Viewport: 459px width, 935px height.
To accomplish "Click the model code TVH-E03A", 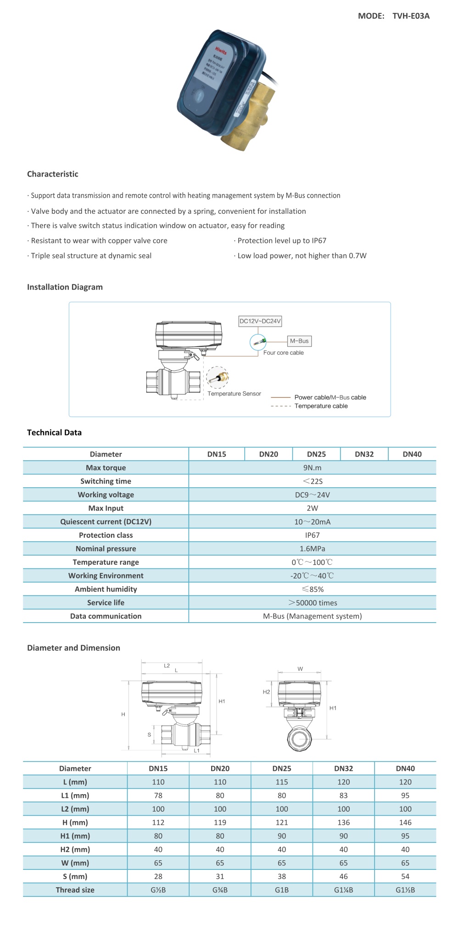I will (411, 16).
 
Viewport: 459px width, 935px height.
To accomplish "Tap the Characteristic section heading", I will (53, 174).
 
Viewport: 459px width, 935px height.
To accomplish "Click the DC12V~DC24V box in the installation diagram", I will (260, 321).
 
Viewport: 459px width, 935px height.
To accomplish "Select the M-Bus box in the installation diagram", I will (299, 341).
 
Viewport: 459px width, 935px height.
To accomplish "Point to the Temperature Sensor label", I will (234, 394).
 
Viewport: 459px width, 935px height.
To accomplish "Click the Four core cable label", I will (283, 353).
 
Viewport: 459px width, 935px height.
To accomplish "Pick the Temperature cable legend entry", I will (321, 406).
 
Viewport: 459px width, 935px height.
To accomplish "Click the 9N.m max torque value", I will (312, 467).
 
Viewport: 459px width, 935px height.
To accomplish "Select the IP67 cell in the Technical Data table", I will (312, 535).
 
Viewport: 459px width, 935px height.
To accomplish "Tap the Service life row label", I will (106, 602).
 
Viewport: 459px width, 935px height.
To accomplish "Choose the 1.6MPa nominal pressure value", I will (312, 549).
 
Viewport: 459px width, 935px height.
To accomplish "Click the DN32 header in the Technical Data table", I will (364, 454).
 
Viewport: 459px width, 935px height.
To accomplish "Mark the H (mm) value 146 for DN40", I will (405, 823).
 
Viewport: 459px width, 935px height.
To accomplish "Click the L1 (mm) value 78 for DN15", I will (158, 796).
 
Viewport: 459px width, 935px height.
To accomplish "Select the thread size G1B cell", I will (282, 890).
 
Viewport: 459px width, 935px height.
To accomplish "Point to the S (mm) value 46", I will (343, 876).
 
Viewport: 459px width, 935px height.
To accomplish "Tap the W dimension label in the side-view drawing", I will (300, 669).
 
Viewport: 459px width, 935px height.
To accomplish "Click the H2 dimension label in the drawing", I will (266, 692).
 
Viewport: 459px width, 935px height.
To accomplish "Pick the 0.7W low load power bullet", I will (302, 256).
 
